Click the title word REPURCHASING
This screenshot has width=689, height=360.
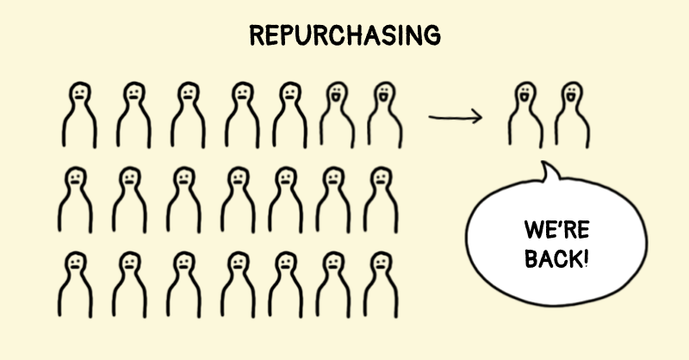(x=344, y=35)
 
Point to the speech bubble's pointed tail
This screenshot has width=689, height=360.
(x=551, y=172)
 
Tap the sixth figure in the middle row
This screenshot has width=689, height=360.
(x=335, y=197)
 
